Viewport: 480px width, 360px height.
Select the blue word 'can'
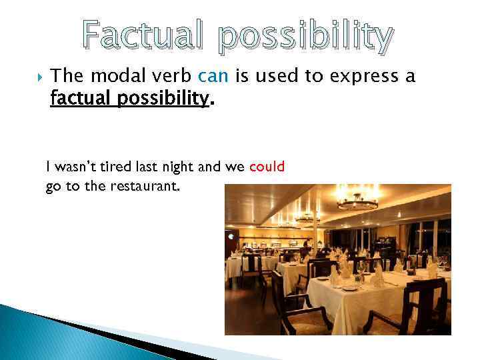[x=213, y=77]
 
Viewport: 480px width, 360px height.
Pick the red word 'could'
[x=267, y=167]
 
